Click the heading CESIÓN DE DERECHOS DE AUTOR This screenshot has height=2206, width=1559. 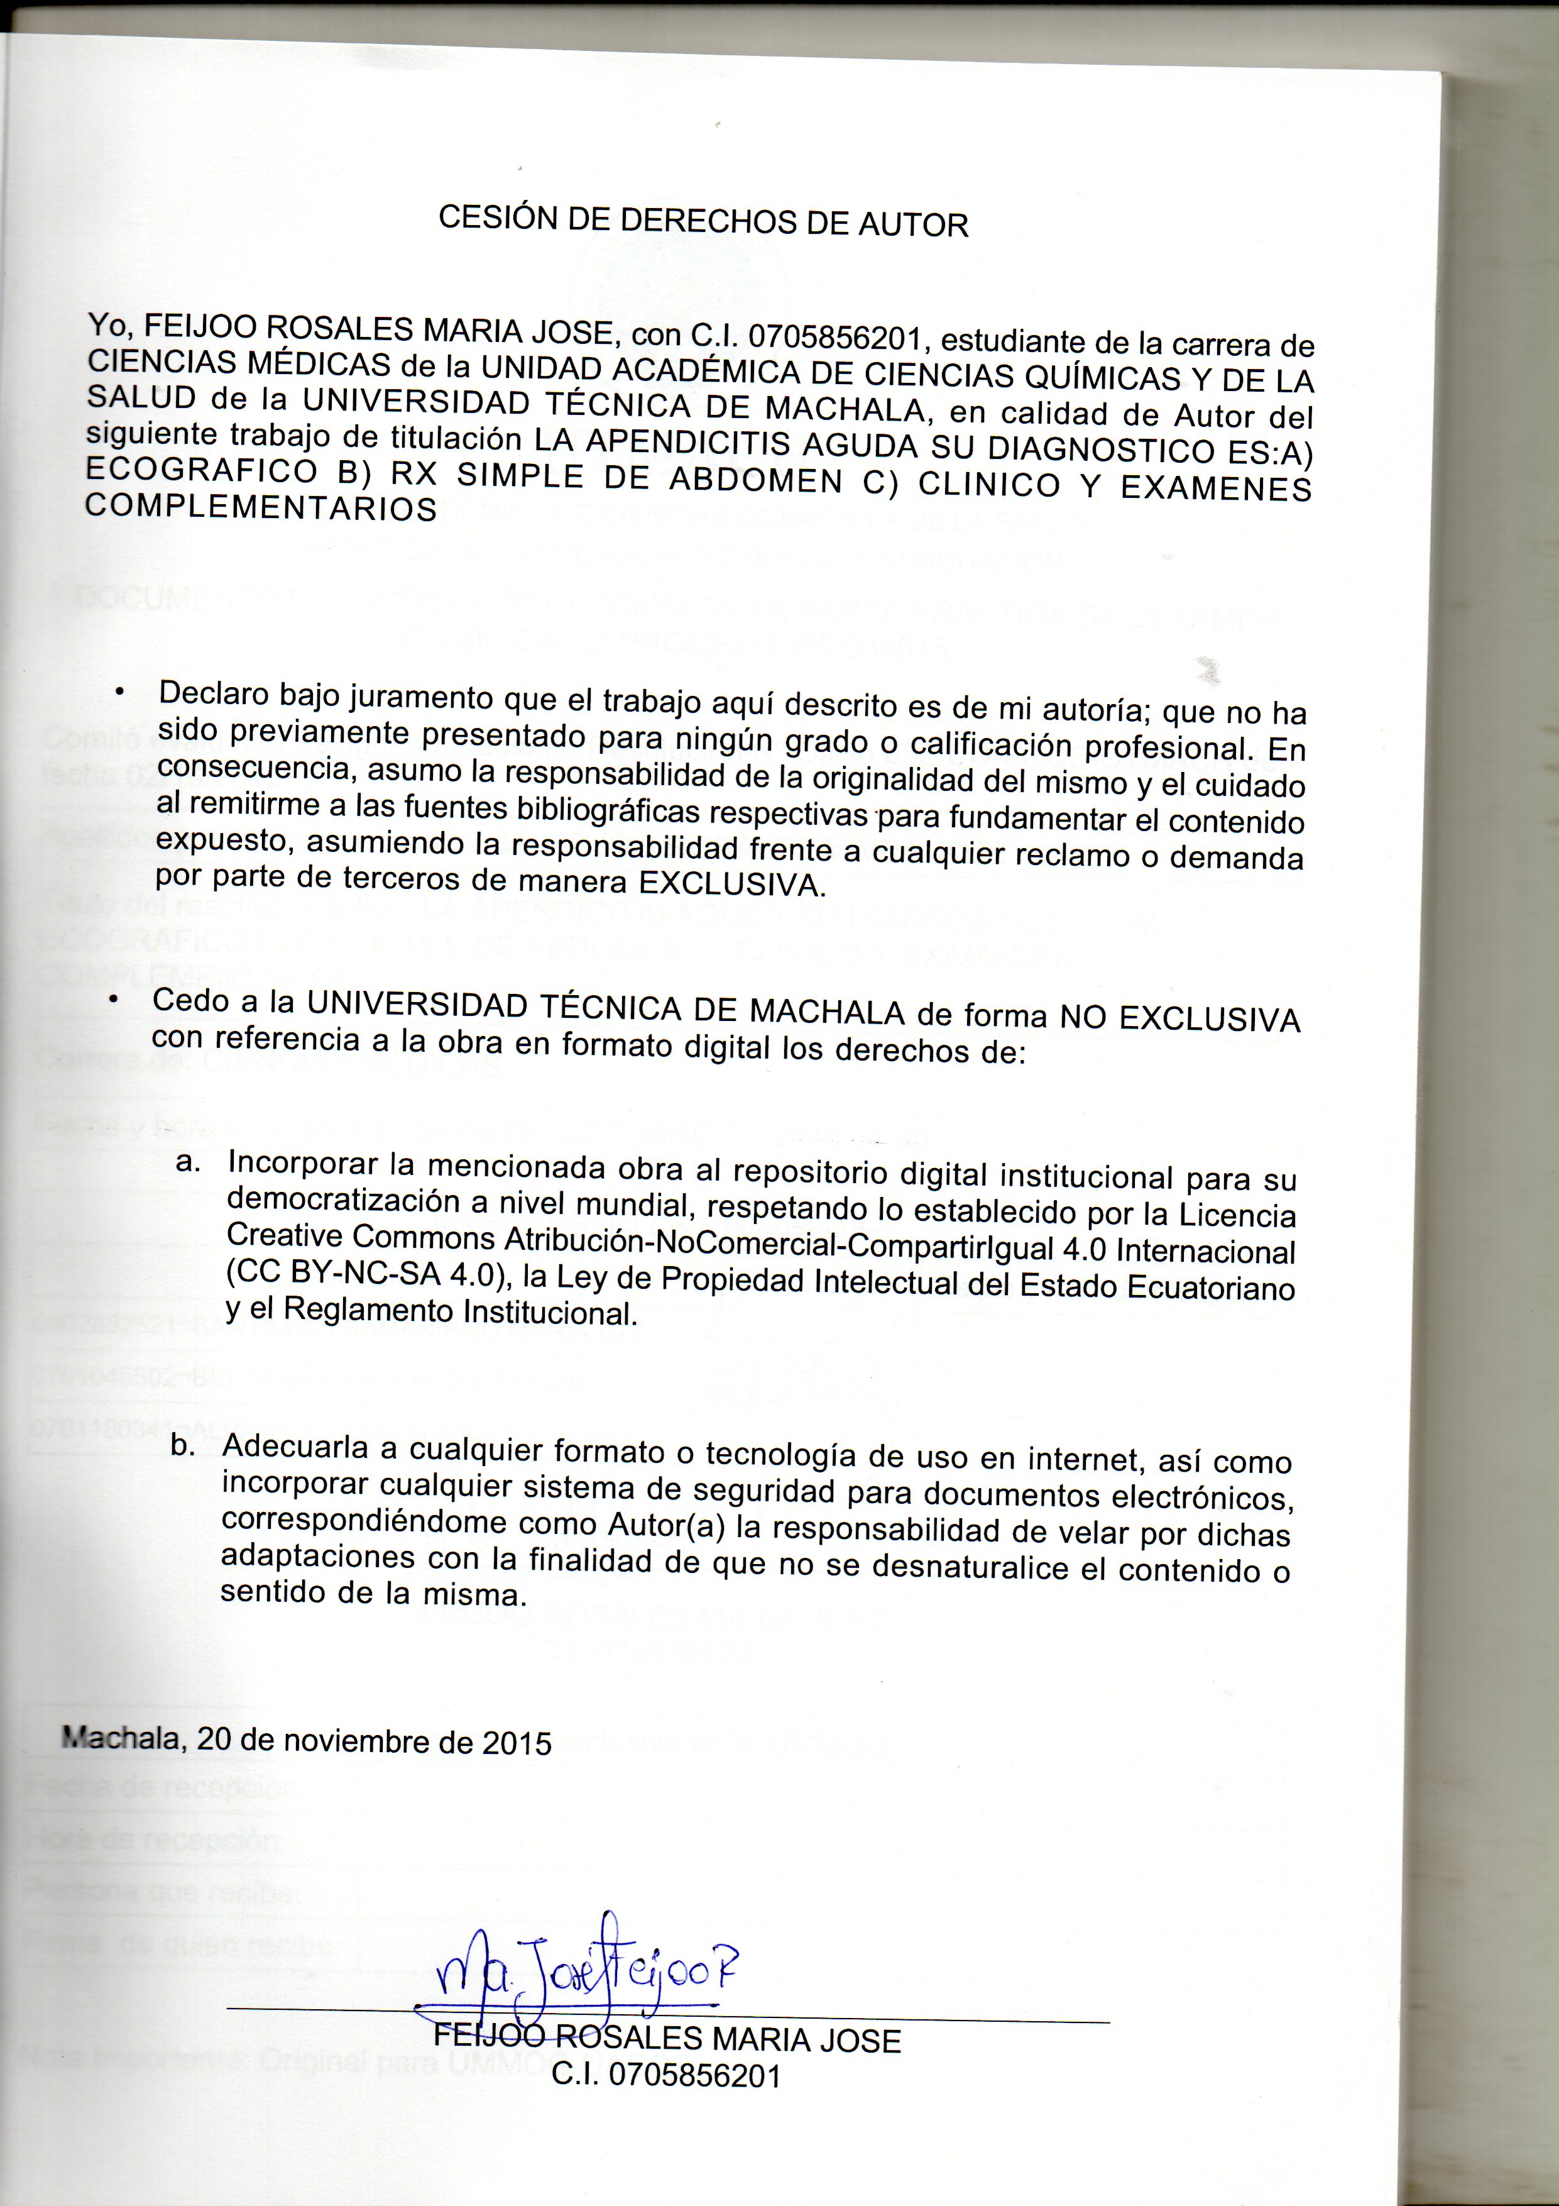pos(703,221)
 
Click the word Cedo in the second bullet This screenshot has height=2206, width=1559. pos(191,1000)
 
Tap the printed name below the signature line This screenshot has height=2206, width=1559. pos(667,2039)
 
